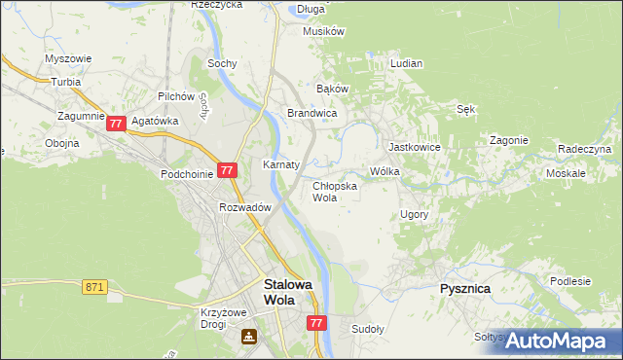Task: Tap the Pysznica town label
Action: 464,289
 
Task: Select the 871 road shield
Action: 94,287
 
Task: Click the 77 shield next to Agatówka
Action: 116,124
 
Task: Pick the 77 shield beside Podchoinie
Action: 227,170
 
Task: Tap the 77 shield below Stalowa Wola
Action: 315,322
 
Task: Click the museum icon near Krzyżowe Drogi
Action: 250,337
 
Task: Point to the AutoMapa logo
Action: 554,341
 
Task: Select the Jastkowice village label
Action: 415,147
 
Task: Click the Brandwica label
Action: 311,114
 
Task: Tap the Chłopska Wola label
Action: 334,191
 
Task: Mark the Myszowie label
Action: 68,58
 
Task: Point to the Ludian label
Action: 406,63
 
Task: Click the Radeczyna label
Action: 584,149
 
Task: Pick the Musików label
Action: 324,31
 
